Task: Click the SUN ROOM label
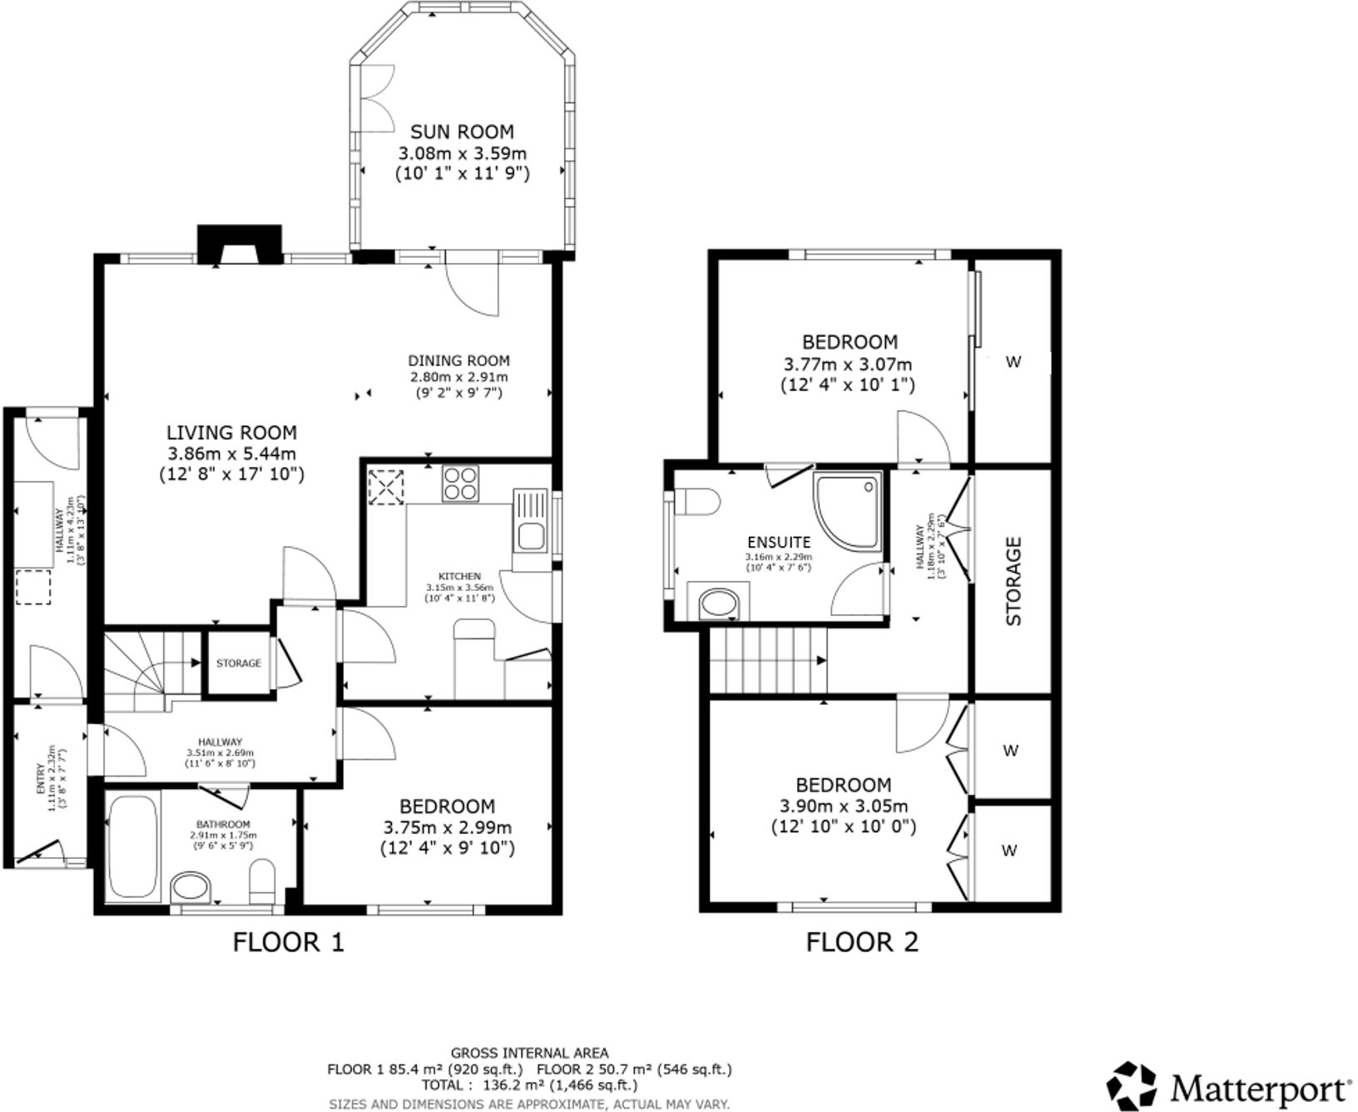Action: point(462,132)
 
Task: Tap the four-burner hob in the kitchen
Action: point(460,483)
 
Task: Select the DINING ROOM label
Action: point(458,360)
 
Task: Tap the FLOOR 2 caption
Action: point(862,942)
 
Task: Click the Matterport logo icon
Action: point(1132,1086)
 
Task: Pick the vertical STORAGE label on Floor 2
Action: point(1014,580)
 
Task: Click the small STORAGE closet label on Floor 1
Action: point(239,663)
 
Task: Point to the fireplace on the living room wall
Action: point(239,246)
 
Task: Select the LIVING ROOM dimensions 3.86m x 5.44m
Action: point(231,454)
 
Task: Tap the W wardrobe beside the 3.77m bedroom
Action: point(1013,362)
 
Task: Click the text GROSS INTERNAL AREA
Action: point(529,1053)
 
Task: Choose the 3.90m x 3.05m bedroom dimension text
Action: point(844,806)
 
